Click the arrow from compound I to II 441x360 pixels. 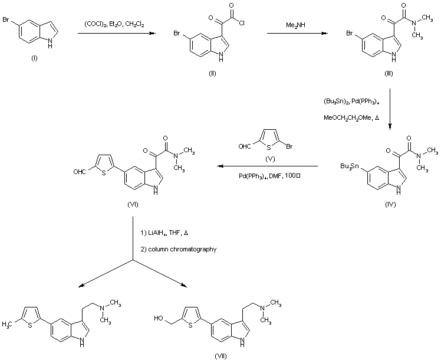(119, 34)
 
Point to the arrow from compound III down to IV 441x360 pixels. (390, 109)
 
